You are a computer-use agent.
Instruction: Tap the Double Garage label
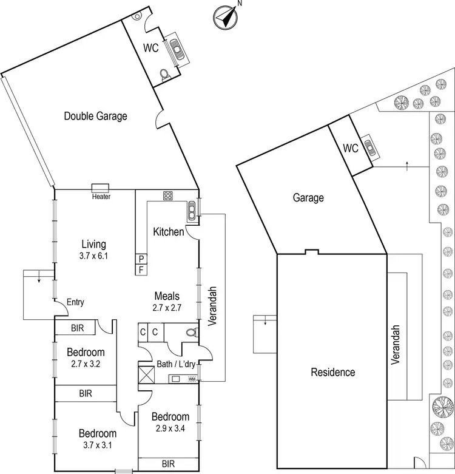click(x=96, y=116)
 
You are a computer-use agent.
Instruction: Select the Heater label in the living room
click(x=101, y=197)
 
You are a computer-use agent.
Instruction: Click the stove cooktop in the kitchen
click(x=168, y=195)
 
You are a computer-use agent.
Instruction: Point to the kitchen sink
click(x=192, y=209)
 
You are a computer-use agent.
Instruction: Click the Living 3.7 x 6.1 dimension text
click(x=93, y=256)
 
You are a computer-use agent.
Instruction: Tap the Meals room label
click(x=167, y=296)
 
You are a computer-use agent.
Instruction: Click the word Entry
click(x=76, y=302)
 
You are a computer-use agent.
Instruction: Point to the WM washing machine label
click(x=192, y=379)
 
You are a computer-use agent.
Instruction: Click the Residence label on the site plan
click(x=332, y=372)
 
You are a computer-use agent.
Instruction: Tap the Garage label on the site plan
click(x=308, y=197)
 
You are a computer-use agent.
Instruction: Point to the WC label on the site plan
click(x=351, y=148)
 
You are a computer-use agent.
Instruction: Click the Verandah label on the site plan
click(x=396, y=345)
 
